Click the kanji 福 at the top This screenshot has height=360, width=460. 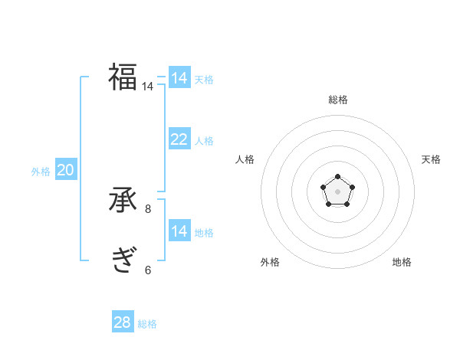123,77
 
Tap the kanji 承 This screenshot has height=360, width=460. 123,200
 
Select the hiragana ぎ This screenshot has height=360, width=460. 123,260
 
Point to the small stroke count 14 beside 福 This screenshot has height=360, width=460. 147,87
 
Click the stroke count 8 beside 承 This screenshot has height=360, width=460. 148,208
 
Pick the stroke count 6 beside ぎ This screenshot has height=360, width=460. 148,270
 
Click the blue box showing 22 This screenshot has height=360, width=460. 179,139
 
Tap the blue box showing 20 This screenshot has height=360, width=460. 65,170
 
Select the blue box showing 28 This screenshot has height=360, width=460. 123,322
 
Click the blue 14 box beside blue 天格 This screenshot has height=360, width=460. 179,78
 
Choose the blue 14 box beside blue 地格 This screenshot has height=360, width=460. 179,231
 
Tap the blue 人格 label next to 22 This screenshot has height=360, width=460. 204,141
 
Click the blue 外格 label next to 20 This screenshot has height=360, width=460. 41,172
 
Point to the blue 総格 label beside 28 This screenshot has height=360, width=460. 147,324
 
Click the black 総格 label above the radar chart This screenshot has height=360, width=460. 337,100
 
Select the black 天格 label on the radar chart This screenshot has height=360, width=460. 431,159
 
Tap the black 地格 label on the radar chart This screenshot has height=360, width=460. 402,262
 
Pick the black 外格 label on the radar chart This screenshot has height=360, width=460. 270,262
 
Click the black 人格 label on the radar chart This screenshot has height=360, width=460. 245,159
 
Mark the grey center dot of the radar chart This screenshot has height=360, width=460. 337,191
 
